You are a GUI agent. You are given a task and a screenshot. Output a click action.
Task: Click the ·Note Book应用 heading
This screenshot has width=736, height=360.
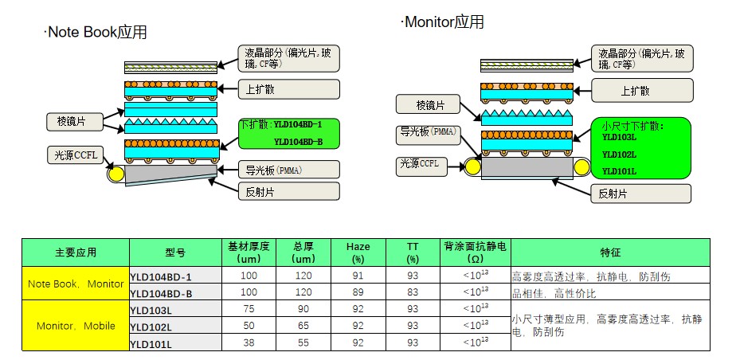tap(96, 33)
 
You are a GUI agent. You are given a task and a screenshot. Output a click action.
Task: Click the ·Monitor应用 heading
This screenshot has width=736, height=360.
tap(443, 22)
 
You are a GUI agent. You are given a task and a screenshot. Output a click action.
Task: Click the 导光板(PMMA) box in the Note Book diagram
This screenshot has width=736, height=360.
tap(288, 170)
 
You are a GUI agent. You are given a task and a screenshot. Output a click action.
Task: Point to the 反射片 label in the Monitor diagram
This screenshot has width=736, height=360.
tap(640, 193)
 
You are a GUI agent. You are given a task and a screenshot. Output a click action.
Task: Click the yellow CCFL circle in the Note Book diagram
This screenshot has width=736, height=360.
tap(116, 172)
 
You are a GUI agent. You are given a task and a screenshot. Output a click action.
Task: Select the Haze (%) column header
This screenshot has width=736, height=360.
tap(358, 252)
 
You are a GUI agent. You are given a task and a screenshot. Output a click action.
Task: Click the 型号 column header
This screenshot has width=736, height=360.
tap(175, 252)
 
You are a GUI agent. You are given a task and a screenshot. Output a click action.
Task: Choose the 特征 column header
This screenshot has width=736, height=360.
tap(611, 252)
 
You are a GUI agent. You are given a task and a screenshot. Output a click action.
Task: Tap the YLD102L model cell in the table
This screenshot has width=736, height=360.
tap(150, 326)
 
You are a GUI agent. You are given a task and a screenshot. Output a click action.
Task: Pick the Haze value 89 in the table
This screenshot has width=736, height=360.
tap(358, 292)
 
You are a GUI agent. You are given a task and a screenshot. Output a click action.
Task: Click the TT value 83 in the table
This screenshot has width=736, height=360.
tap(412, 292)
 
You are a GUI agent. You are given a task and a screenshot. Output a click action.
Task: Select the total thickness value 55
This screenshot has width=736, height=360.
tap(303, 342)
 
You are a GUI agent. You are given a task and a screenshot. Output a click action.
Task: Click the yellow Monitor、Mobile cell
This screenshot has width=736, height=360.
tap(76, 326)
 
